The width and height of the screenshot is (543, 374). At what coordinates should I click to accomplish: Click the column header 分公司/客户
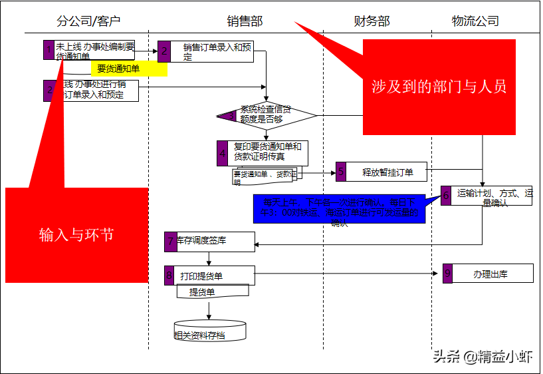88,21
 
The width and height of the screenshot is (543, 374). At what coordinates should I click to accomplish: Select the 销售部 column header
245,21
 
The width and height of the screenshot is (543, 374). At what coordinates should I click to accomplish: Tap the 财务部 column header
372,21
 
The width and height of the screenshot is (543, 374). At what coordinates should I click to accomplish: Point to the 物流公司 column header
475,21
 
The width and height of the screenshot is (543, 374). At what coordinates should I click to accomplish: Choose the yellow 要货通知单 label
120,68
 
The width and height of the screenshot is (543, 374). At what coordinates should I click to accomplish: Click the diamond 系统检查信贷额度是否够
266,115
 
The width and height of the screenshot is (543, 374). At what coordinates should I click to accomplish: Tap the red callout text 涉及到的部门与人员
439,86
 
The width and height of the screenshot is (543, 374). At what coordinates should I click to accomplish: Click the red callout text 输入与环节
76,234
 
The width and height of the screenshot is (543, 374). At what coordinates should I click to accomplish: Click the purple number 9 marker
447,274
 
